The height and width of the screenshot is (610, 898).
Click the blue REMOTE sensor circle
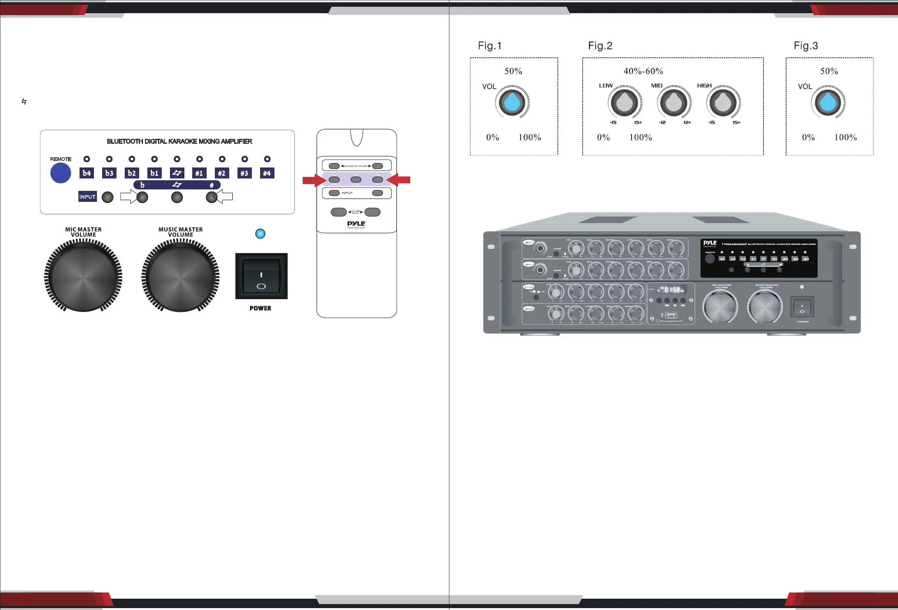tap(61, 173)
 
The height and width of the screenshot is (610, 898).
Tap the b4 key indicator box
tap(87, 173)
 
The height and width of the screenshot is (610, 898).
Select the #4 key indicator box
tap(267, 173)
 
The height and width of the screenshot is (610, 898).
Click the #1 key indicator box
tap(199, 173)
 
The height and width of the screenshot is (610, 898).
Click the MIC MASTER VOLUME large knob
tap(83, 276)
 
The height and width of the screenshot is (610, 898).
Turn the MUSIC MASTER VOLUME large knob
tap(181, 276)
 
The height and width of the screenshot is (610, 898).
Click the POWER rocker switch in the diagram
tap(261, 276)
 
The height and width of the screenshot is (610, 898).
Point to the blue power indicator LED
tap(261, 234)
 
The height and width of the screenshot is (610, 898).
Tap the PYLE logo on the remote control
tap(356, 224)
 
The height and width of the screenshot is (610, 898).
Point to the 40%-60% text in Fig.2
tap(644, 71)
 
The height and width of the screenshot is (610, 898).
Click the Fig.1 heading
tap(490, 46)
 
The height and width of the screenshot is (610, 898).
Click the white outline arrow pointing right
tap(129, 197)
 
